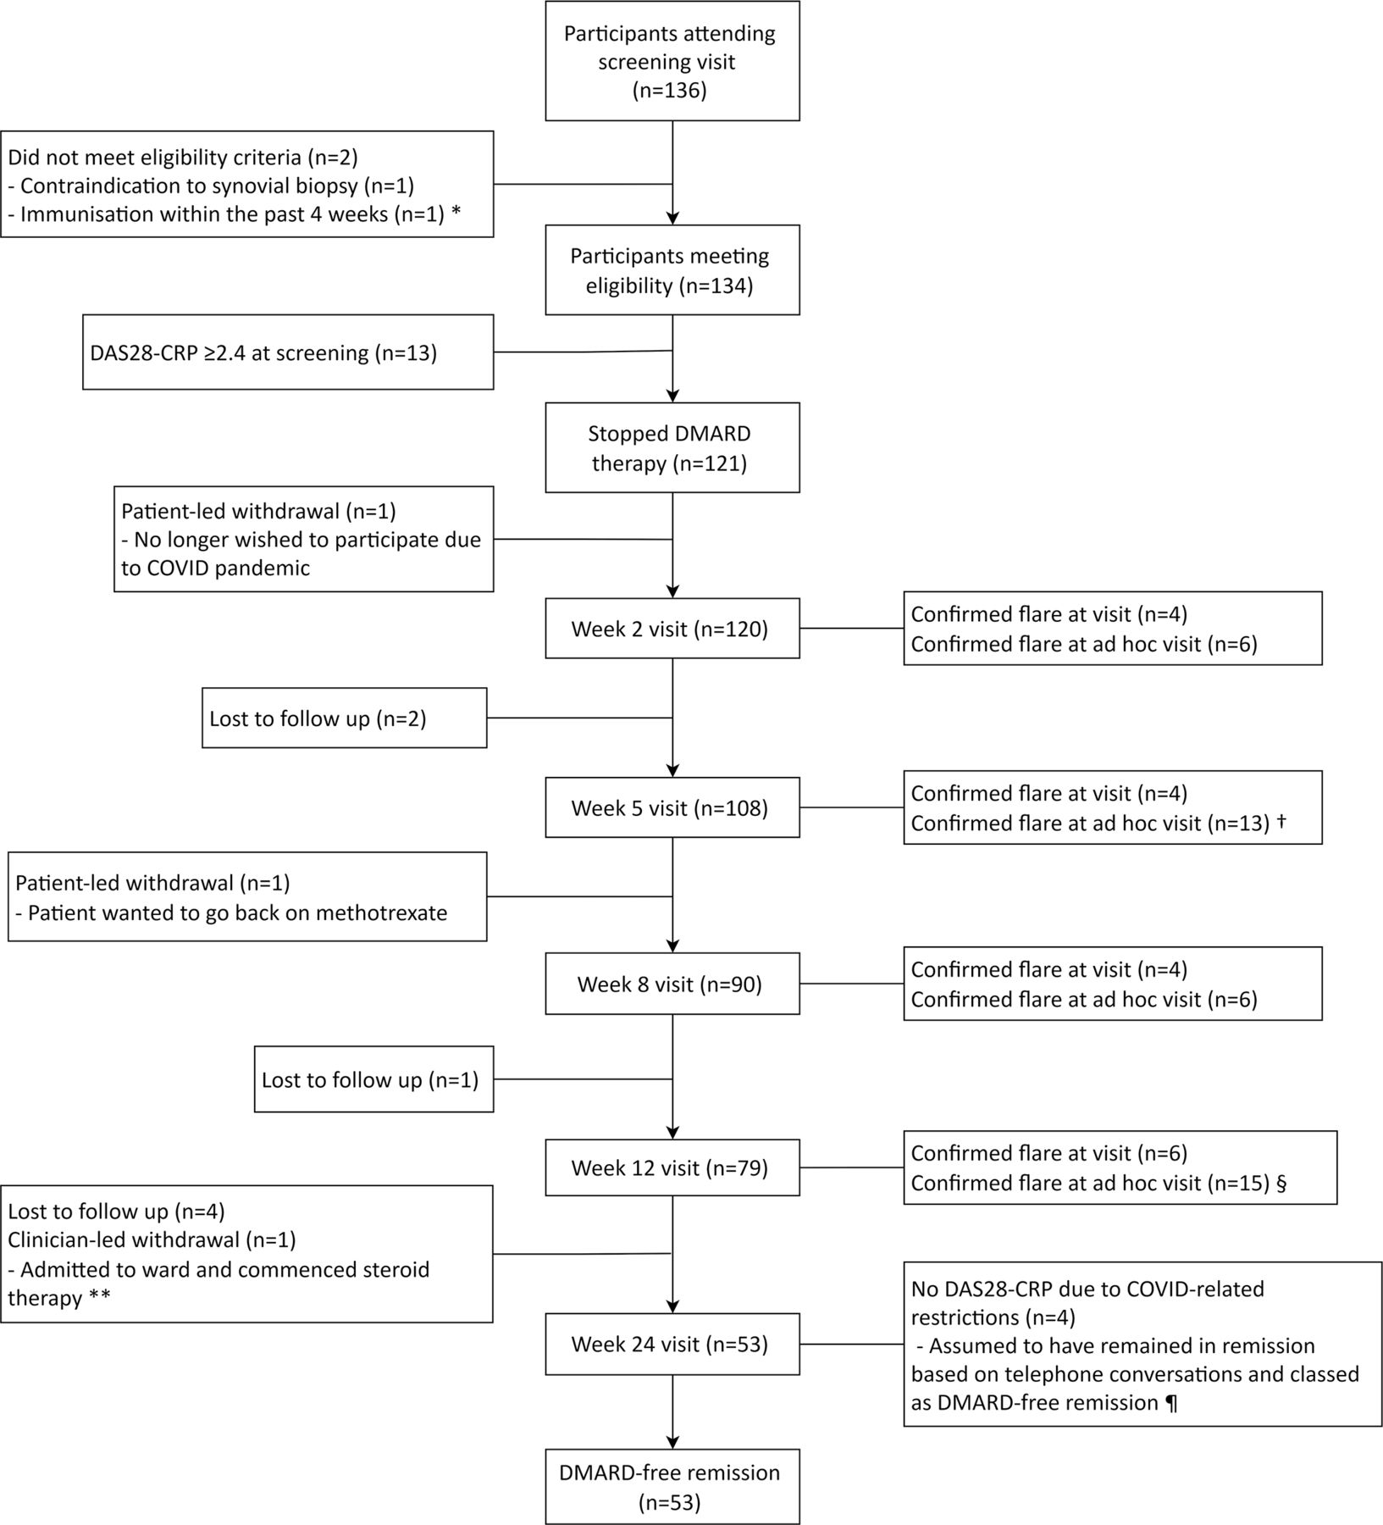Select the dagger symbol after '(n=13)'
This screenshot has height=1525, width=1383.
[x=1281, y=821]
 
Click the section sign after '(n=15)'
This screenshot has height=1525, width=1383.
[x=1281, y=1183]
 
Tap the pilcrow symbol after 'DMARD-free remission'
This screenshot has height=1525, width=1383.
[x=1171, y=1403]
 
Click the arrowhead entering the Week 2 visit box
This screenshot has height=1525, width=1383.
[x=672, y=591]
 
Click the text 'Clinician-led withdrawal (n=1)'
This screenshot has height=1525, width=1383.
[x=152, y=1240]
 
